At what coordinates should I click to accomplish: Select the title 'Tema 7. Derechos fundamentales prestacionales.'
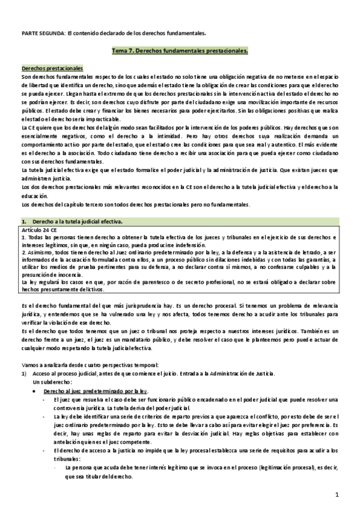[x=180, y=52]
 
